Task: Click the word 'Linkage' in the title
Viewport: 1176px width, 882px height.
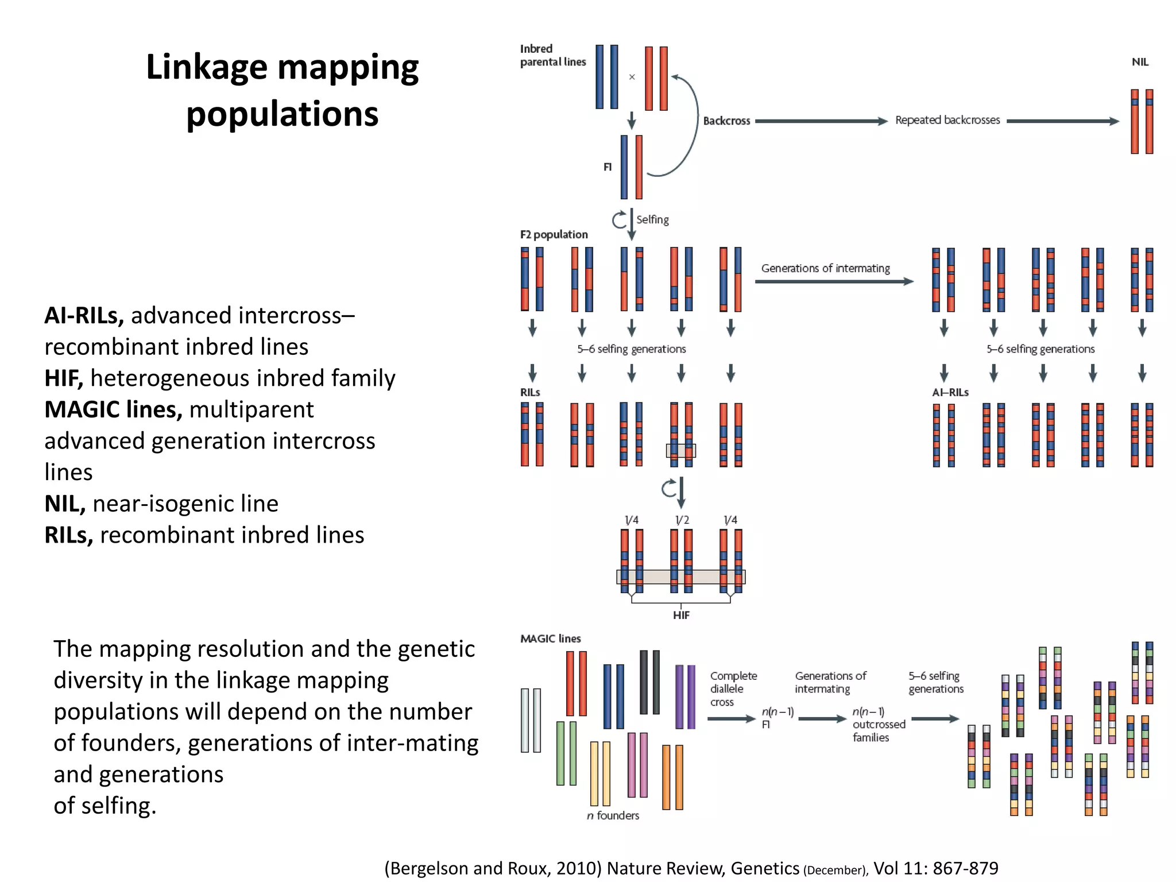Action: (x=206, y=67)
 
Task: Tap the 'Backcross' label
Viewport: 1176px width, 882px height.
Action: (x=726, y=121)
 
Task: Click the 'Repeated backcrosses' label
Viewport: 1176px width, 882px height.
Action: (x=947, y=120)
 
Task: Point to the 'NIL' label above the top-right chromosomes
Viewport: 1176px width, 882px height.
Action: (x=1140, y=62)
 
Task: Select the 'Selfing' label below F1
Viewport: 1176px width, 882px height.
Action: (x=652, y=219)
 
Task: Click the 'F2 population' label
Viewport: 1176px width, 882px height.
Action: (x=554, y=234)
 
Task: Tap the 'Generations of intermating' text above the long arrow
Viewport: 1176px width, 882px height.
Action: (x=825, y=268)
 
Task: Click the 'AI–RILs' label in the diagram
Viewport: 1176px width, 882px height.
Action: (x=950, y=392)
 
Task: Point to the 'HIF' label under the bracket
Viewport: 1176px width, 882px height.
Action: (x=681, y=616)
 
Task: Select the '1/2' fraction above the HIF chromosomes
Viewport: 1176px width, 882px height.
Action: (x=682, y=520)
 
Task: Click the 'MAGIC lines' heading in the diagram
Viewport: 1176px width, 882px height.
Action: (x=550, y=639)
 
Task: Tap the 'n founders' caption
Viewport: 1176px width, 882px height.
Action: (x=613, y=815)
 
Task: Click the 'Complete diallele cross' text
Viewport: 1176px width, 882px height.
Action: (x=733, y=688)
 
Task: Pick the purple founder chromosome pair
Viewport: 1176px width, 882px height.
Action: (x=685, y=697)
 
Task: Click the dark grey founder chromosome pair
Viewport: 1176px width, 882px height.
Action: (x=649, y=682)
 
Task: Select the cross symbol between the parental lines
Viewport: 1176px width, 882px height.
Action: (x=632, y=77)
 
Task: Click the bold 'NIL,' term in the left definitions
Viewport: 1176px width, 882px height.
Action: (x=65, y=504)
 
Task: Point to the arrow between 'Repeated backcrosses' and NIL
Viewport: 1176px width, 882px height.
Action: (x=1062, y=121)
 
